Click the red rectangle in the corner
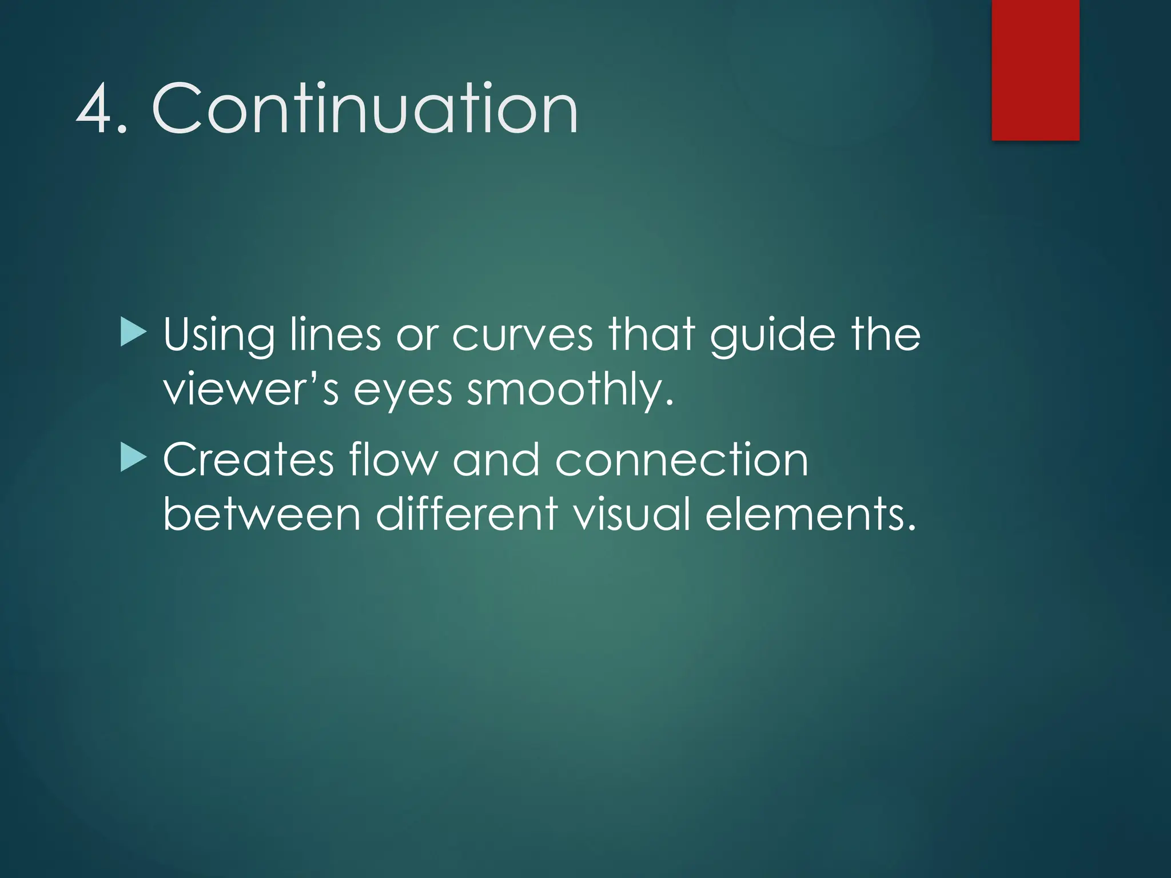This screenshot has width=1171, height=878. (1035, 70)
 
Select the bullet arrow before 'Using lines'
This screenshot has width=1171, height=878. (133, 333)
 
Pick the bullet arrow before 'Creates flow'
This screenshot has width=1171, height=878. (133, 459)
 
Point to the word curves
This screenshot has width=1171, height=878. (522, 335)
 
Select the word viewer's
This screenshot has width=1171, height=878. (251, 390)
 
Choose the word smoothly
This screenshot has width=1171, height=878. (570, 390)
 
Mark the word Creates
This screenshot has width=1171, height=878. (248, 460)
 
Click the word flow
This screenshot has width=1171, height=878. (393, 460)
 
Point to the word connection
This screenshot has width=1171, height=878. (682, 460)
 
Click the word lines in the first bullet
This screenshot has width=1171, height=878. (335, 335)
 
